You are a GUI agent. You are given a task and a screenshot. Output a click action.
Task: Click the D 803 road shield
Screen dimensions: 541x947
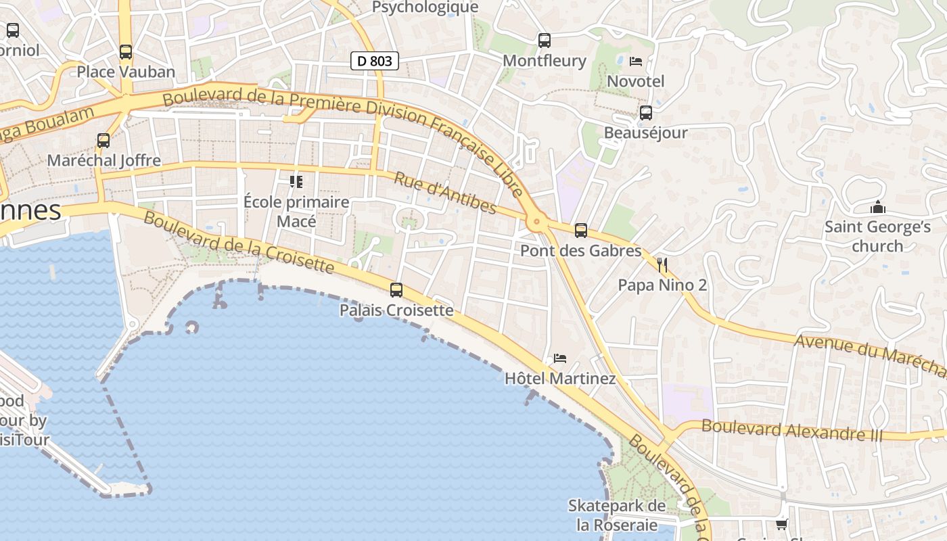point(374,61)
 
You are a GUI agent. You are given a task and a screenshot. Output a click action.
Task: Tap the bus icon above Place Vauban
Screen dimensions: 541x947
point(125,51)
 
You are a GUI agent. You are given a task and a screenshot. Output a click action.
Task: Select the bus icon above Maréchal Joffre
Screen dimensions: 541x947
point(103,141)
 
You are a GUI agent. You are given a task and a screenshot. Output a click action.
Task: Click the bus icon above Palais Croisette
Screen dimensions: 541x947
point(396,290)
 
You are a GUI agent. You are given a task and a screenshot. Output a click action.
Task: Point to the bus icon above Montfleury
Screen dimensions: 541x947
point(545,41)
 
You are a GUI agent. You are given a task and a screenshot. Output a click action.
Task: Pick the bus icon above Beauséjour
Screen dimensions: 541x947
point(646,113)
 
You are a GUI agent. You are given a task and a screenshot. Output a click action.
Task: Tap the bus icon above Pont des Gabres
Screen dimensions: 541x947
point(580,231)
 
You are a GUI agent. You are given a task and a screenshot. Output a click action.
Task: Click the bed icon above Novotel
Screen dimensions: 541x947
point(636,62)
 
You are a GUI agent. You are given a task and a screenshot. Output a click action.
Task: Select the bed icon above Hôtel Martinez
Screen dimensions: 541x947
point(560,358)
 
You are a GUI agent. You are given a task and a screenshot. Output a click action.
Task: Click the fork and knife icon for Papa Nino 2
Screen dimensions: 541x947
point(662,264)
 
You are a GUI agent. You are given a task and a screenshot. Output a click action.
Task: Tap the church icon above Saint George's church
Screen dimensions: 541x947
point(878,207)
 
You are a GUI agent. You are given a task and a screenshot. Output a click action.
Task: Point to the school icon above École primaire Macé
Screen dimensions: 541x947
point(296,181)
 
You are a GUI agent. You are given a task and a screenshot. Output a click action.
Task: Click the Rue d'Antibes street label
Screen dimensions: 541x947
point(445,193)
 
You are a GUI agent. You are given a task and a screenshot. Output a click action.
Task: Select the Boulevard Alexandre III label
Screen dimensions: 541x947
point(792,430)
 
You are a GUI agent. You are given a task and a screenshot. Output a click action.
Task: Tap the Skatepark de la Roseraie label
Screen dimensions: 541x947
point(617,515)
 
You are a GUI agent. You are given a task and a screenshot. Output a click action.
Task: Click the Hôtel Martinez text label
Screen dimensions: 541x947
point(560,379)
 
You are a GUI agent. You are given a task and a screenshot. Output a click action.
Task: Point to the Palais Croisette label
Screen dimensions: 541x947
point(396,310)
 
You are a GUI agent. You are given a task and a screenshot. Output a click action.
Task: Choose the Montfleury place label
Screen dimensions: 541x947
point(545,61)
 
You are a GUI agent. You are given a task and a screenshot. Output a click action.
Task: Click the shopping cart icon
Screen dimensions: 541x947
point(781,524)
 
